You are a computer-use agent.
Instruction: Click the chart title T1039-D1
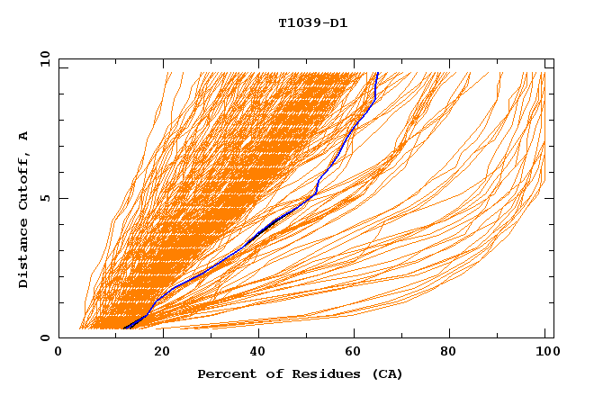point(312,22)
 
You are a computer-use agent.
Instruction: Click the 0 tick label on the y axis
point(45,338)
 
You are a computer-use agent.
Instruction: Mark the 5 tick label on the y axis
point(45,198)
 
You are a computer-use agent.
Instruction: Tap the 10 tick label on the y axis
point(42,58)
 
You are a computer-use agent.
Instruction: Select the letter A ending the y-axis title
point(23,136)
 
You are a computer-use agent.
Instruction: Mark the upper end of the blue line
point(378,74)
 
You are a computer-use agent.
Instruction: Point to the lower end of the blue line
point(124,328)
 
